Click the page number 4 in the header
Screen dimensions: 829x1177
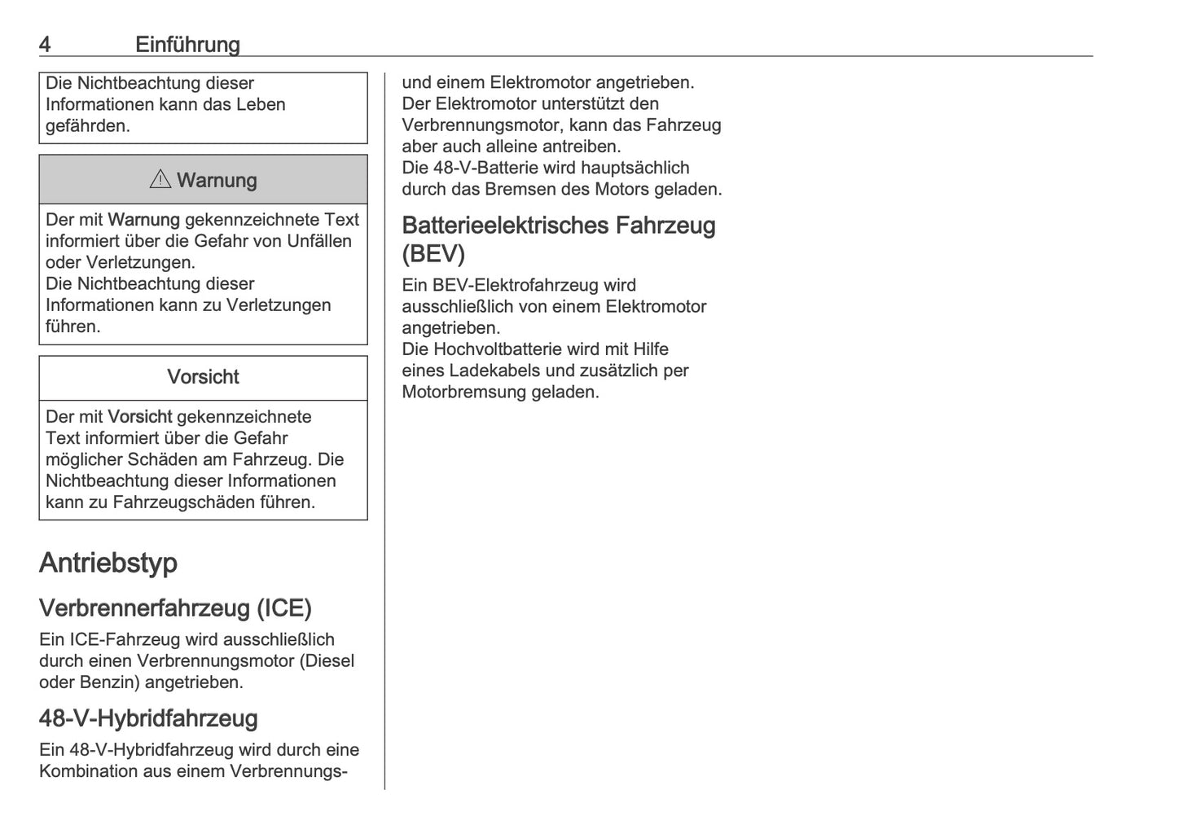pos(45,44)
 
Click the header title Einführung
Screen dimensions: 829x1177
pos(187,44)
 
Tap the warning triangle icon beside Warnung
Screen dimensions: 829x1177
pos(160,179)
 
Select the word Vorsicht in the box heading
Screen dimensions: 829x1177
pos(203,377)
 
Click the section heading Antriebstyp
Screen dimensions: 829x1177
pos(108,563)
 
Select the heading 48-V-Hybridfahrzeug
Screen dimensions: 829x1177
pos(148,718)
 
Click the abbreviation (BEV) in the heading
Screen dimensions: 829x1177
pos(433,253)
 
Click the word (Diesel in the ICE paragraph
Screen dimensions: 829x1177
pos(327,660)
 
